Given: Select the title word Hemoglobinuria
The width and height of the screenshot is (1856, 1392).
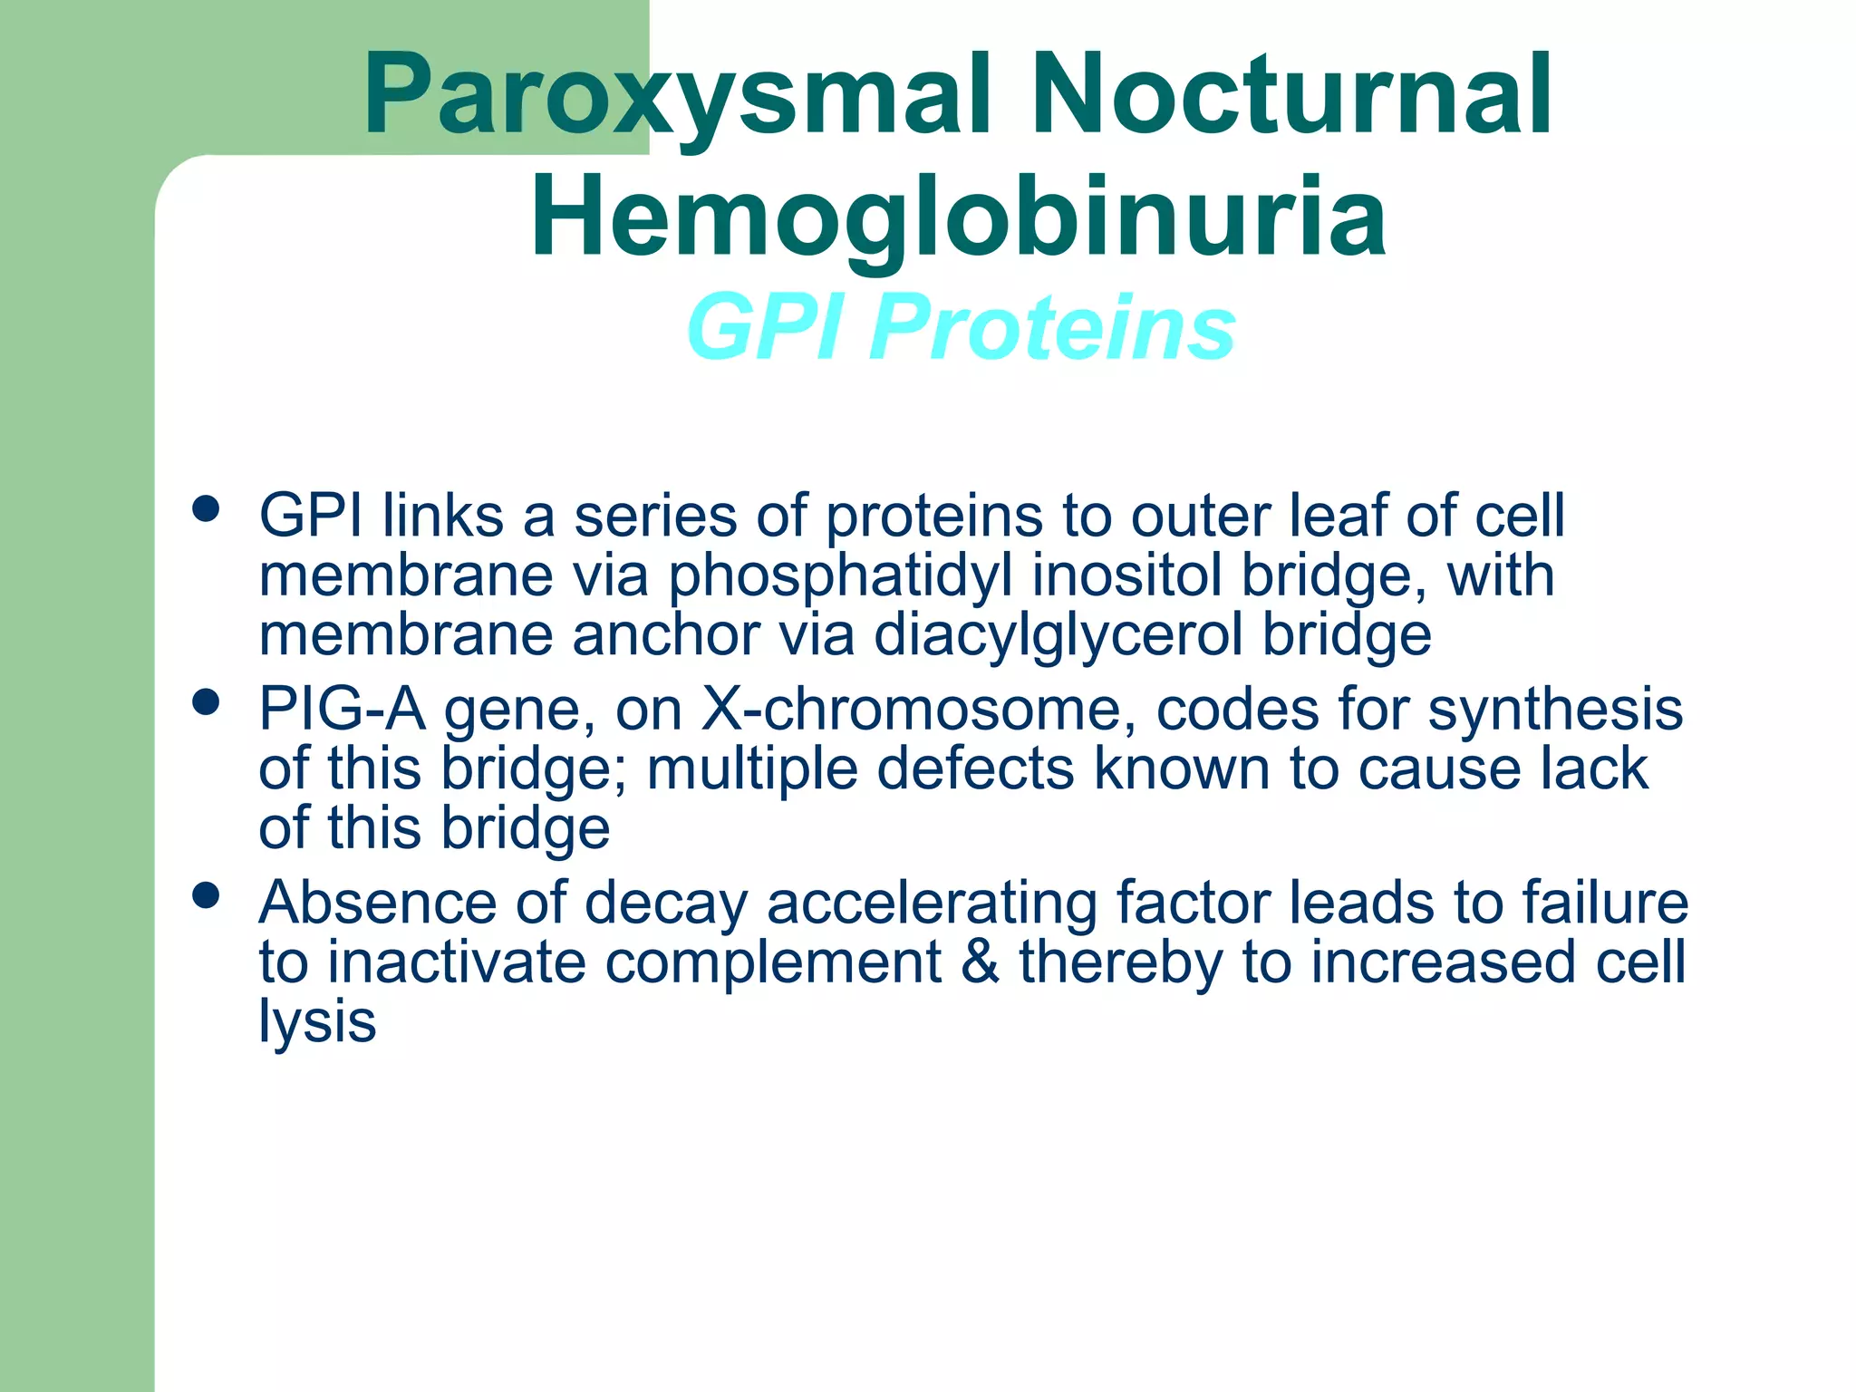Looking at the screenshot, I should click(958, 217).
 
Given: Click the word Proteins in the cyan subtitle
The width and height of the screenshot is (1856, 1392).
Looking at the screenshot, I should click(1052, 327).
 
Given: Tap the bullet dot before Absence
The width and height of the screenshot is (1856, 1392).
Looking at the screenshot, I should click(207, 896).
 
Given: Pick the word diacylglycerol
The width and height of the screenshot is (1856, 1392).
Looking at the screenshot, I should click(1058, 635).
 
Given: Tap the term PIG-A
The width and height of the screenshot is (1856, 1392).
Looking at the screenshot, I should click(342, 709).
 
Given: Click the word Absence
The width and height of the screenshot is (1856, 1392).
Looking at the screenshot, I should click(378, 903).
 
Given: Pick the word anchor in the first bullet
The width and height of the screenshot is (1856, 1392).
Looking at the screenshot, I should click(666, 635).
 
